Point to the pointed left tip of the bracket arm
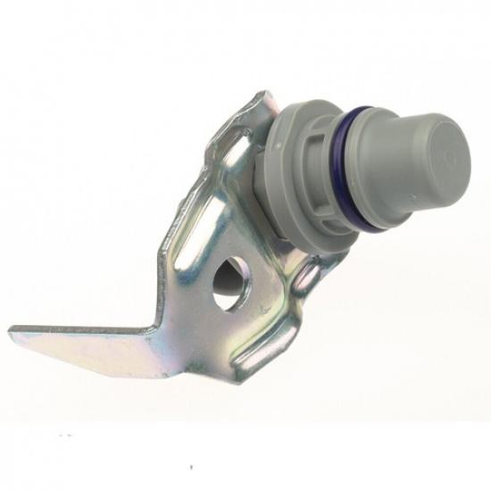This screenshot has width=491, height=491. [12, 333]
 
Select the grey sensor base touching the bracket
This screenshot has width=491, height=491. [268, 192]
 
